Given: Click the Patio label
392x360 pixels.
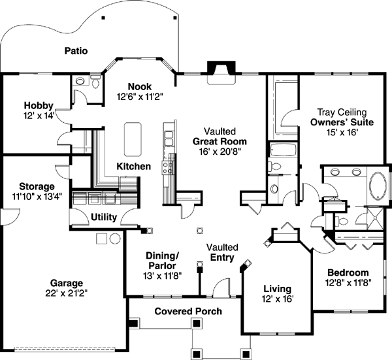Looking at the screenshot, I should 76,50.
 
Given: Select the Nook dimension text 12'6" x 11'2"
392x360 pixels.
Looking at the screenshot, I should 139,96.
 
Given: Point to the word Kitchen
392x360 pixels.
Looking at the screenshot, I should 133,167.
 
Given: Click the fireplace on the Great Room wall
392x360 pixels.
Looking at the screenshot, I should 216,69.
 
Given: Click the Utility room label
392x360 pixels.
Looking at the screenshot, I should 104,216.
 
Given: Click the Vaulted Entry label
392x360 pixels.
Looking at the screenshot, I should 222,253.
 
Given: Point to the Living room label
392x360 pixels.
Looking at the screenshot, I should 277,289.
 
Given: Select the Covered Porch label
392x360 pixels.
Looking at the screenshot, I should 188,311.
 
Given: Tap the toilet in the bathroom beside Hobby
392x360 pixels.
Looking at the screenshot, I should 95,83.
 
